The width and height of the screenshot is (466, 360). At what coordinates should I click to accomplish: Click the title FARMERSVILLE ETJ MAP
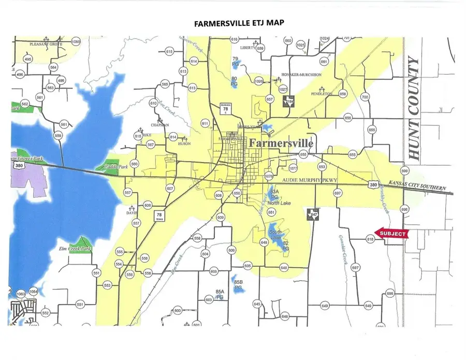pyautogui.click(x=232, y=23)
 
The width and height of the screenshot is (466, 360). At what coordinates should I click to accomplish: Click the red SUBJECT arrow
pyautogui.click(x=391, y=233)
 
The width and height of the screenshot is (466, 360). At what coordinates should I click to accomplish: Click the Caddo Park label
pyautogui.click(x=119, y=168)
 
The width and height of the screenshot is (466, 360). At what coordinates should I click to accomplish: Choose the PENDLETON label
pyautogui.click(x=321, y=94)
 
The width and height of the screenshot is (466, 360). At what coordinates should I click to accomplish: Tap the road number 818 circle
pyautogui.click(x=370, y=239)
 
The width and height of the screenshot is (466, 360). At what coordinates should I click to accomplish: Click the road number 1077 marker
pyautogui.click(x=293, y=168)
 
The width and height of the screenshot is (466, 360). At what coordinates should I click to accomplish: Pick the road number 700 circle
pyautogui.click(x=365, y=97)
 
